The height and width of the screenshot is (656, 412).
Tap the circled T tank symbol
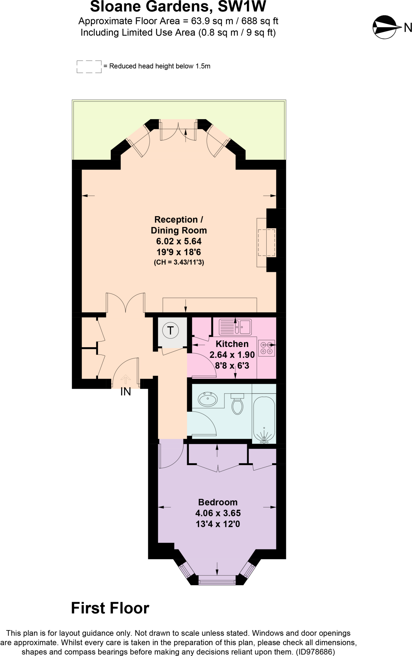[x=170, y=330]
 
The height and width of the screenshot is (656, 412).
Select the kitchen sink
[x=235, y=327]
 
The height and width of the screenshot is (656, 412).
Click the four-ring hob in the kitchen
[x=266, y=348]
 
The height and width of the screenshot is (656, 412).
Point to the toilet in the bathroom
[x=237, y=404]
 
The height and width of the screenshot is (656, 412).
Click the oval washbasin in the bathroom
[x=208, y=399]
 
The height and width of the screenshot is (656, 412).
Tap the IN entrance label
[x=126, y=392]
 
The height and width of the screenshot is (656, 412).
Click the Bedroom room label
[x=218, y=502]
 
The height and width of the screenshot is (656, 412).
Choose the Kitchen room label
[x=232, y=344]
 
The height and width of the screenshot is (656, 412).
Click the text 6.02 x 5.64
[x=179, y=241]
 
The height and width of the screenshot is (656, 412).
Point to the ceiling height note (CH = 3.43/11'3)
[x=179, y=262]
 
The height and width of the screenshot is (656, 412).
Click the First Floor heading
[x=110, y=608]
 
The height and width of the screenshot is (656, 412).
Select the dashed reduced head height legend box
[x=89, y=67]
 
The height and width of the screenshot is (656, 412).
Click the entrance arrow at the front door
[x=125, y=379]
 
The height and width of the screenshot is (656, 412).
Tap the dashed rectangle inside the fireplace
[x=266, y=242]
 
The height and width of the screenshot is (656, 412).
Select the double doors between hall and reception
[x=125, y=303]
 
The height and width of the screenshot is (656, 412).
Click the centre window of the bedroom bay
[x=217, y=580]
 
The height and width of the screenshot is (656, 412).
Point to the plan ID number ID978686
[x=315, y=652]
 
